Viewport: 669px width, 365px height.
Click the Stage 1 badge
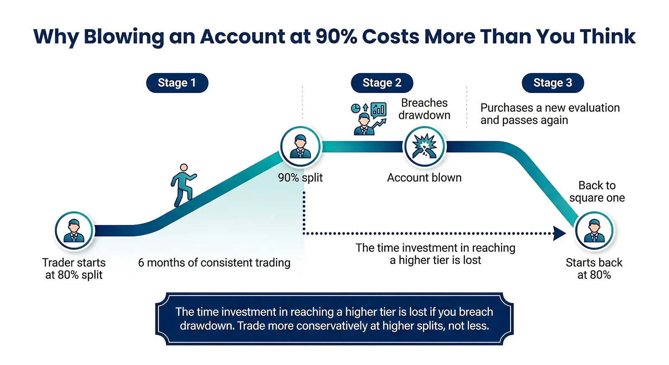177,83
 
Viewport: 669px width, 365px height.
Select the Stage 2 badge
382,83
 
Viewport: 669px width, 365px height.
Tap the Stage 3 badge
552,83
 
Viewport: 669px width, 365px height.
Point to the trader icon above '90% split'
300,147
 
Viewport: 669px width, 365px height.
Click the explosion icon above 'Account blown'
424,147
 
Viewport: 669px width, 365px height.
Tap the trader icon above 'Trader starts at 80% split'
74,231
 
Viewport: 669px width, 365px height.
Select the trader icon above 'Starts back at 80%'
594,231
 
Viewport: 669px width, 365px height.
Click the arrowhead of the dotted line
559,233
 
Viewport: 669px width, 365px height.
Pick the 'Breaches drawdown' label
424,109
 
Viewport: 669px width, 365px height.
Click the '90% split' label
300,178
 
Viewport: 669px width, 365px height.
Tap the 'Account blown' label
424,178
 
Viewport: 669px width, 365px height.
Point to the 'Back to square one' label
597,191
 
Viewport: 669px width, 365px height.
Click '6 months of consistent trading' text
214,263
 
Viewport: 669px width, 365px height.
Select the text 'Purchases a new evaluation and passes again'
550,114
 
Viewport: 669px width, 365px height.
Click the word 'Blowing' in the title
124,37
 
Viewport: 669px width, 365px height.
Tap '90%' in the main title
336,37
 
